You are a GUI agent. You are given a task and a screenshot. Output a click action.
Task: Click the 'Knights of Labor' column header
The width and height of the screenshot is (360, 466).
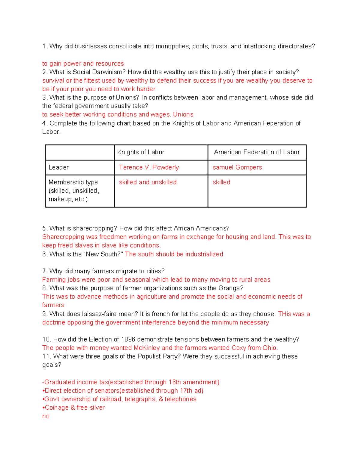pos(141,152)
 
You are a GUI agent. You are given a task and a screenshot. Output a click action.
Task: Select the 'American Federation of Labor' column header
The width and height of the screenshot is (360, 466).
pos(257,152)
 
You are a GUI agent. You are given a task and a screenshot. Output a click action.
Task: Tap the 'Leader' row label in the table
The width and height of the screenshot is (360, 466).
pos(58,167)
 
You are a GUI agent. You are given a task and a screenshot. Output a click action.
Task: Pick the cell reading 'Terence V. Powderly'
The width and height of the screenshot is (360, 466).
pos(149,167)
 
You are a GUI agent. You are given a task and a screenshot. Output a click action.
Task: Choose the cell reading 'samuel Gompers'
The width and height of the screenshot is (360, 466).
pos(237,167)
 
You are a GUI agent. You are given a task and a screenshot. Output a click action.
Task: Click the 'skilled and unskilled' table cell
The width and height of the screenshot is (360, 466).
pos(148,182)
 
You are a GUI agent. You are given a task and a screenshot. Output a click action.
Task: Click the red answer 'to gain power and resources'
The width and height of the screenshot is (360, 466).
pos(83,64)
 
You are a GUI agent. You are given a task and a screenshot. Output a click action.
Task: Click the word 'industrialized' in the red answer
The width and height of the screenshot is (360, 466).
pos(204,254)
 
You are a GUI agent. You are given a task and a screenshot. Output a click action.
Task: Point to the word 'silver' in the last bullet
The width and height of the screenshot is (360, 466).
pos(97,407)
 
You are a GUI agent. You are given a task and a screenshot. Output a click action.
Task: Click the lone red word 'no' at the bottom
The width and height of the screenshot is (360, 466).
pos(46,416)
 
